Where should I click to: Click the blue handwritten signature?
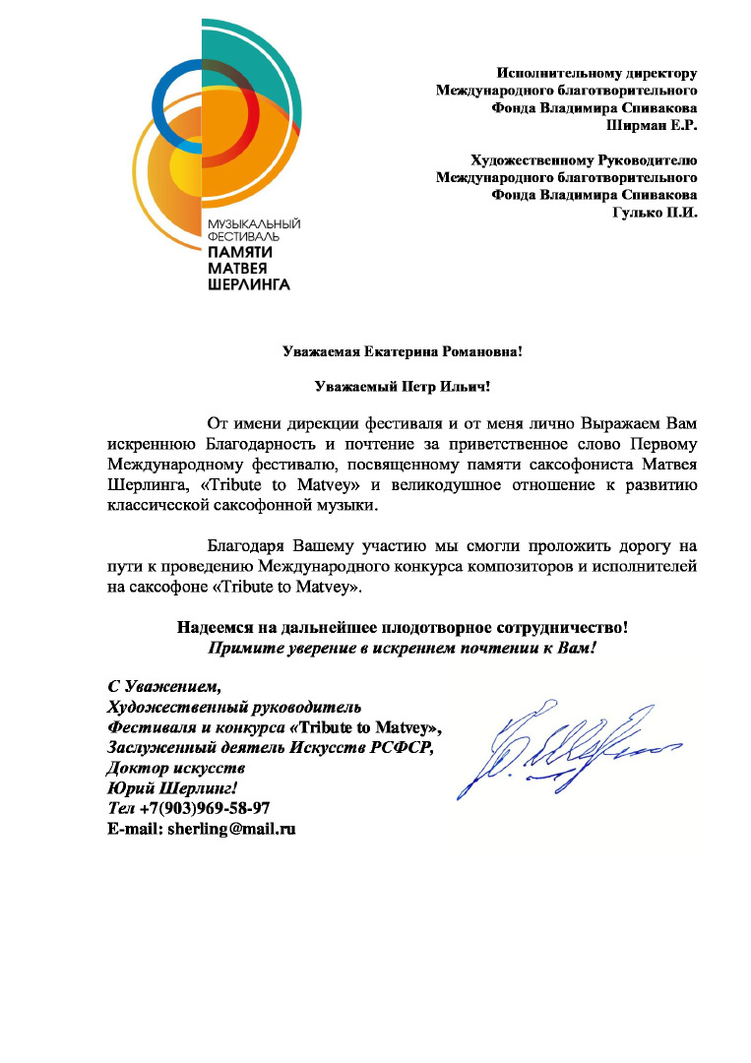pos(556,748)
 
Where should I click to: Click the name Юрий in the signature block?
pos(128,787)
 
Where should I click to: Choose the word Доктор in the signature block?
pos(134,768)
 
